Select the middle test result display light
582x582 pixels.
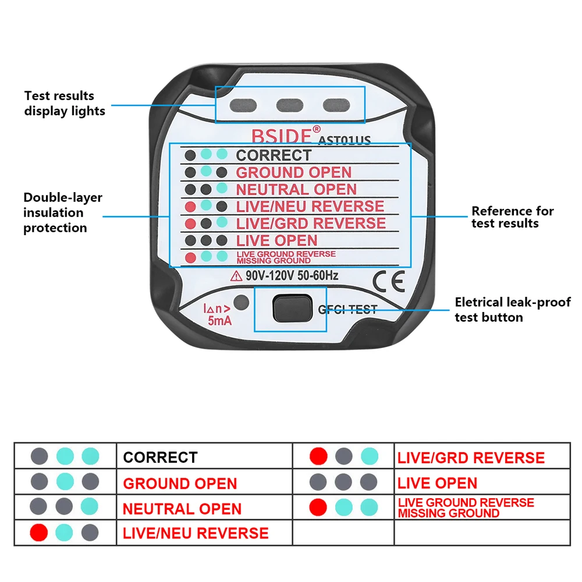pos(289,105)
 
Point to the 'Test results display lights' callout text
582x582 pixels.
pos(64,103)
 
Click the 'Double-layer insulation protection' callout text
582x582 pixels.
pos(62,213)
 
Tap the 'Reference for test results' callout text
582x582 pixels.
pos(512,217)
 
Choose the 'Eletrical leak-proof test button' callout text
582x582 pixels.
pos(512,310)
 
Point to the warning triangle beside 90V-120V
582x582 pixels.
pos(237,275)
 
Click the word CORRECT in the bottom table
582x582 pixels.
pos(160,457)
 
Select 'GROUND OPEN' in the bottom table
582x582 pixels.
pos(180,484)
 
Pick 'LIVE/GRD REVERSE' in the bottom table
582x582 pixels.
pos(471,458)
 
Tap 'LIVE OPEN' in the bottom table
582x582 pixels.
pos(437,483)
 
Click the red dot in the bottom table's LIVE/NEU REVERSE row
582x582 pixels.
pos(39,532)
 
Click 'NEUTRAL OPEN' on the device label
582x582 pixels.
pos(296,189)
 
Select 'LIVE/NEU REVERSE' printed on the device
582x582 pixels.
pos(310,206)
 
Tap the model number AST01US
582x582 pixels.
pos(345,140)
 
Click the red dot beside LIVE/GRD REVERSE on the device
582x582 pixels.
pos(190,223)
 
